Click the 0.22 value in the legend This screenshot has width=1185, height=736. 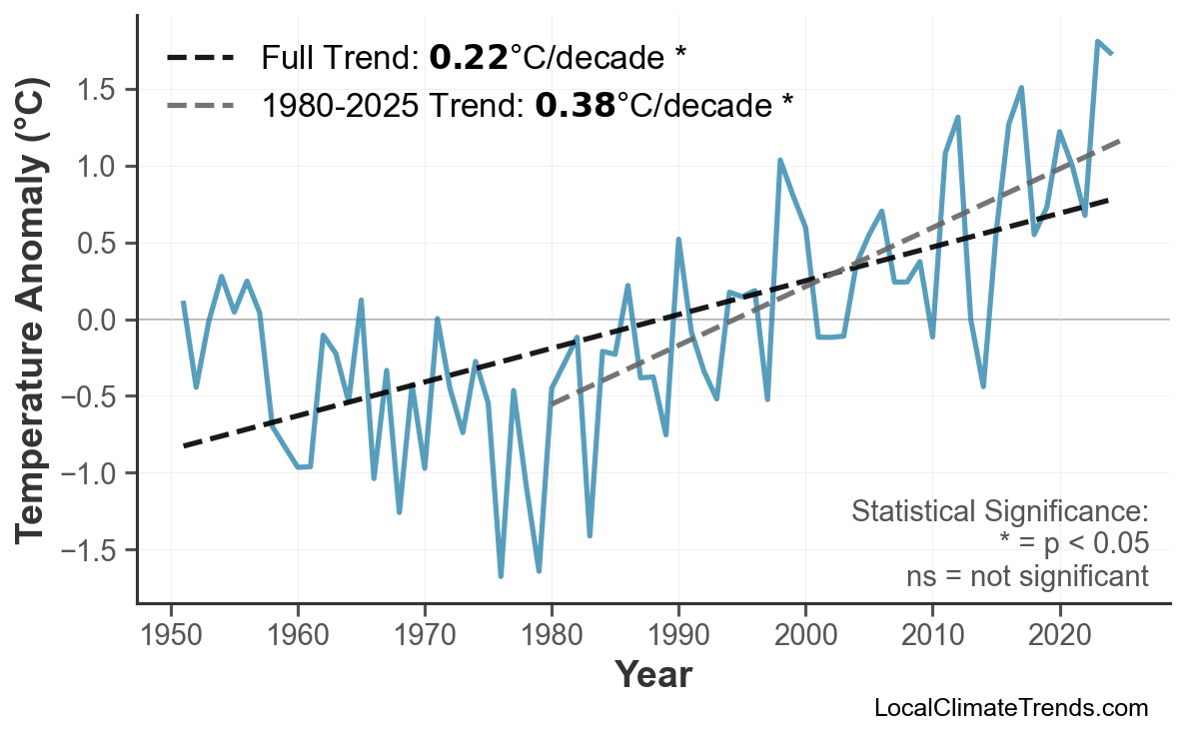[x=468, y=58]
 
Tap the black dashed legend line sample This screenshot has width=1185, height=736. [x=200, y=58]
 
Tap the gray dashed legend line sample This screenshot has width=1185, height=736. [x=200, y=104]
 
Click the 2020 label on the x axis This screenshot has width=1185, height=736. [x=1059, y=635]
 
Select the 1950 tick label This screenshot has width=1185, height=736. [x=171, y=635]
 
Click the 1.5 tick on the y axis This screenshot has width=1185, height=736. [x=100, y=90]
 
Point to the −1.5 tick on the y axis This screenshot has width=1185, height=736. [x=93, y=550]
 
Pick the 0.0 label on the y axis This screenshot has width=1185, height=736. [x=100, y=321]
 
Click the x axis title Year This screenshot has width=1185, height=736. [x=652, y=676]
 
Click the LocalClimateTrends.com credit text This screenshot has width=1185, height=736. [x=1010, y=709]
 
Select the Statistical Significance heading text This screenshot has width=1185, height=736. [x=999, y=512]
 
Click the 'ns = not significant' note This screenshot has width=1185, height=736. [x=1026, y=576]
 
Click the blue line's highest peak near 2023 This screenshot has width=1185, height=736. [x=1097, y=42]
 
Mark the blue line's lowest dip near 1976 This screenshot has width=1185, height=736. [x=501, y=576]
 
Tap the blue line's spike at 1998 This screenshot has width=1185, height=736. [x=779, y=160]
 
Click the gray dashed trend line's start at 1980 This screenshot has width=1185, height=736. [x=552, y=403]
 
